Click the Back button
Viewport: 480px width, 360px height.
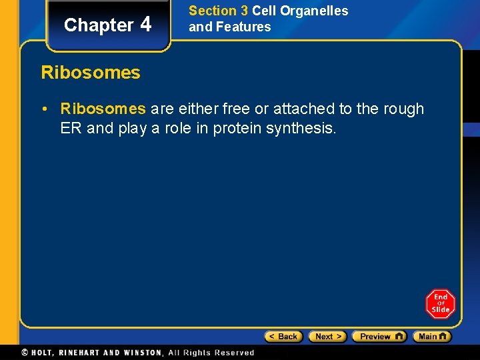tap(284, 337)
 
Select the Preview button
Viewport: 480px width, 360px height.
tap(379, 337)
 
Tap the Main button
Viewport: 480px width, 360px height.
tap(431, 337)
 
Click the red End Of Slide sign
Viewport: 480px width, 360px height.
tap(440, 303)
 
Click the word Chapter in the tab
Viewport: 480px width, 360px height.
tap(99, 25)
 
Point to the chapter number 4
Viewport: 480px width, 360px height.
tap(146, 24)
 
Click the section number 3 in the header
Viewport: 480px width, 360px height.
tap(243, 11)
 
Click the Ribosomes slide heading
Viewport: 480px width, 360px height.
tap(91, 72)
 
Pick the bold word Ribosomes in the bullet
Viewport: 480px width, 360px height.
tap(103, 109)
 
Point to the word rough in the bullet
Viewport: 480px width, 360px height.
tap(402, 109)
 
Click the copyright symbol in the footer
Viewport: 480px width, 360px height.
tap(25, 353)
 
